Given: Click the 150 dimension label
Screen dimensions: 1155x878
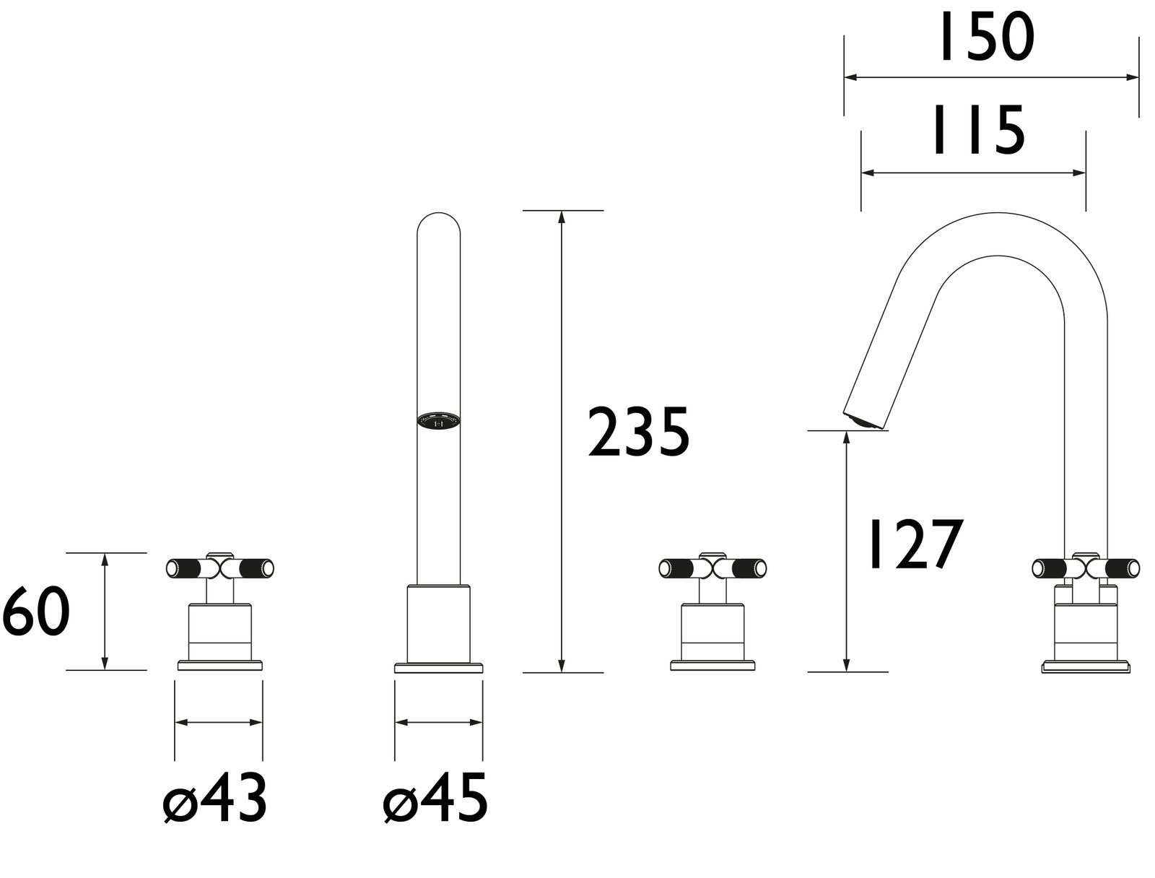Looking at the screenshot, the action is coord(986,38).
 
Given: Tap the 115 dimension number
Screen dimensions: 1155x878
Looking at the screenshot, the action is coord(979,130).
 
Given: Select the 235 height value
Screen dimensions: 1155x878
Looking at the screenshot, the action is coord(638,432).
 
